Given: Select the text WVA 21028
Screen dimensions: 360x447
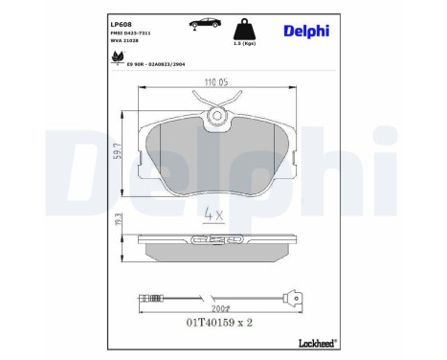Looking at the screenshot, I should (x=126, y=43).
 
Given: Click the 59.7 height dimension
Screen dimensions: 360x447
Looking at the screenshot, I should (x=116, y=148).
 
